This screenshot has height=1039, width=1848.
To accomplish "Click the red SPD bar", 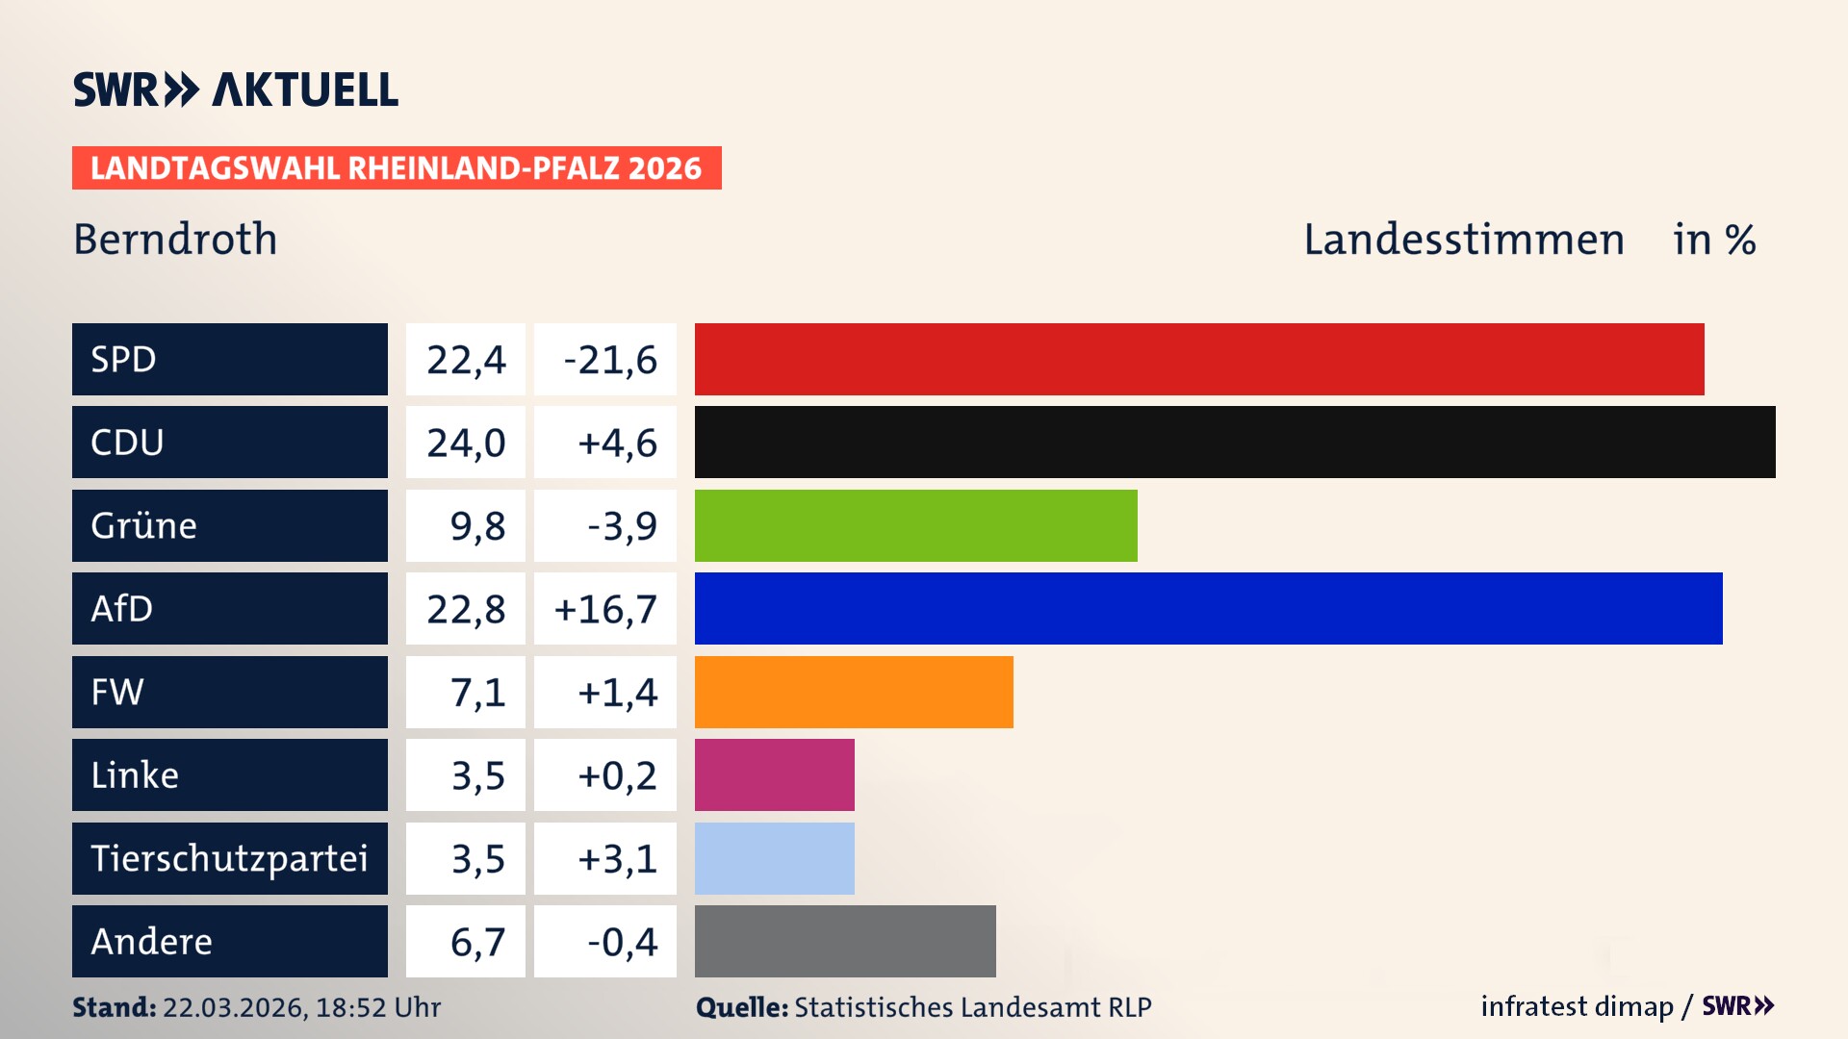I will pyautogui.click(x=1198, y=359).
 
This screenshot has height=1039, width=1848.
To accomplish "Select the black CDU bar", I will pyautogui.click(x=1234, y=442).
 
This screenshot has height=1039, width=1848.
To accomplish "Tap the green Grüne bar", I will pyautogui.click(x=915, y=525).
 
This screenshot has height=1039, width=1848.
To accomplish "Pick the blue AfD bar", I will pyautogui.click(x=1208, y=608).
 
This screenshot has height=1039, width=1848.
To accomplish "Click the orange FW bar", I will pyautogui.click(x=854, y=692).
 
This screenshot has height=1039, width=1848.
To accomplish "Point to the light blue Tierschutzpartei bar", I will pyautogui.click(x=774, y=858).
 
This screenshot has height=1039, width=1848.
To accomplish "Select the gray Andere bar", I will pyautogui.click(x=845, y=941).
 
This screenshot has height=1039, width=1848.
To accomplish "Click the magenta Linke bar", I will pyautogui.click(x=774, y=774).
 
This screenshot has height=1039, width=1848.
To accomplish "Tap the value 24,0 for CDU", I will pyautogui.click(x=466, y=443).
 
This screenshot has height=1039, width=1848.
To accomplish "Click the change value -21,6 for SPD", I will pyautogui.click(x=609, y=360).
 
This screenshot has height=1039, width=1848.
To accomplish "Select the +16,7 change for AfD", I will pyautogui.click(x=605, y=609).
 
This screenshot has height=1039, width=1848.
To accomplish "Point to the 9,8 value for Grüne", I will pyautogui.click(x=477, y=526).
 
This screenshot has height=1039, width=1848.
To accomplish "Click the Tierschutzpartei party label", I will pyautogui.click(x=229, y=858).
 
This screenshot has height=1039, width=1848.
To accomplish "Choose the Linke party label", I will pyautogui.click(x=135, y=775).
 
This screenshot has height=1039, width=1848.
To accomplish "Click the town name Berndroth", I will pyautogui.click(x=175, y=240).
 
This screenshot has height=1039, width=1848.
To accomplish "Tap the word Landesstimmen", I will pyautogui.click(x=1463, y=240).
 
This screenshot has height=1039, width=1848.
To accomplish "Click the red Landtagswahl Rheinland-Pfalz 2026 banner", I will pyautogui.click(x=397, y=168).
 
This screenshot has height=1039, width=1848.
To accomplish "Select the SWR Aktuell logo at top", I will pyautogui.click(x=235, y=89).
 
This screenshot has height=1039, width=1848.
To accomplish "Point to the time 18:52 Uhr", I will pyautogui.click(x=377, y=1007).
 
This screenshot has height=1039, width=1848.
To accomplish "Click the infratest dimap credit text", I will pyautogui.click(x=1577, y=1006).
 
